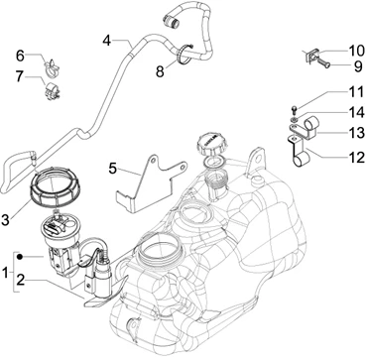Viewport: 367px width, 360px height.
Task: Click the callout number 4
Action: (x=106, y=41)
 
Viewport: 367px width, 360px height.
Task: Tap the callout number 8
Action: (x=160, y=71)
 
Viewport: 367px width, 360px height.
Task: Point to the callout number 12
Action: (x=357, y=158)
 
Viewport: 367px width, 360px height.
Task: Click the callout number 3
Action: (x=5, y=220)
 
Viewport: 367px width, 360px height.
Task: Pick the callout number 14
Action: (x=356, y=112)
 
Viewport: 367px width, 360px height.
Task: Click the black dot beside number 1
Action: (x=20, y=257)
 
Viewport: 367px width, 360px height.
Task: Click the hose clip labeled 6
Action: (x=52, y=66)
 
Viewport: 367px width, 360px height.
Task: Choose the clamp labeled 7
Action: (x=52, y=91)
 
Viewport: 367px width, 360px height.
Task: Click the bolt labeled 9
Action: (x=322, y=62)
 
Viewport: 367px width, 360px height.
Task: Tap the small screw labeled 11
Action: (x=295, y=108)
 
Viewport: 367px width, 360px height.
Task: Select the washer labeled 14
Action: (x=294, y=119)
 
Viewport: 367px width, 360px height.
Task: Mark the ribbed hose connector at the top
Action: (x=171, y=21)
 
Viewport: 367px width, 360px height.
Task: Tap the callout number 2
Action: (x=20, y=281)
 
